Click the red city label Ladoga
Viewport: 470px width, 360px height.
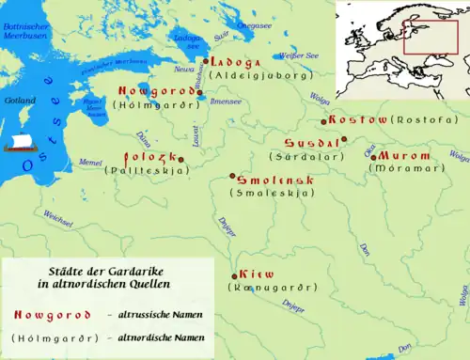pyautogui.click(x=235, y=62)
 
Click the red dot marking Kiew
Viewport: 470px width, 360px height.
pyautogui.click(x=233, y=275)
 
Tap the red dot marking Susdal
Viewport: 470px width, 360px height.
pyautogui.click(x=344, y=139)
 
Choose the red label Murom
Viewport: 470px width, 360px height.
pyautogui.click(x=404, y=155)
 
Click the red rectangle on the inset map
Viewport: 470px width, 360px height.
pyautogui.click(x=430, y=37)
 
